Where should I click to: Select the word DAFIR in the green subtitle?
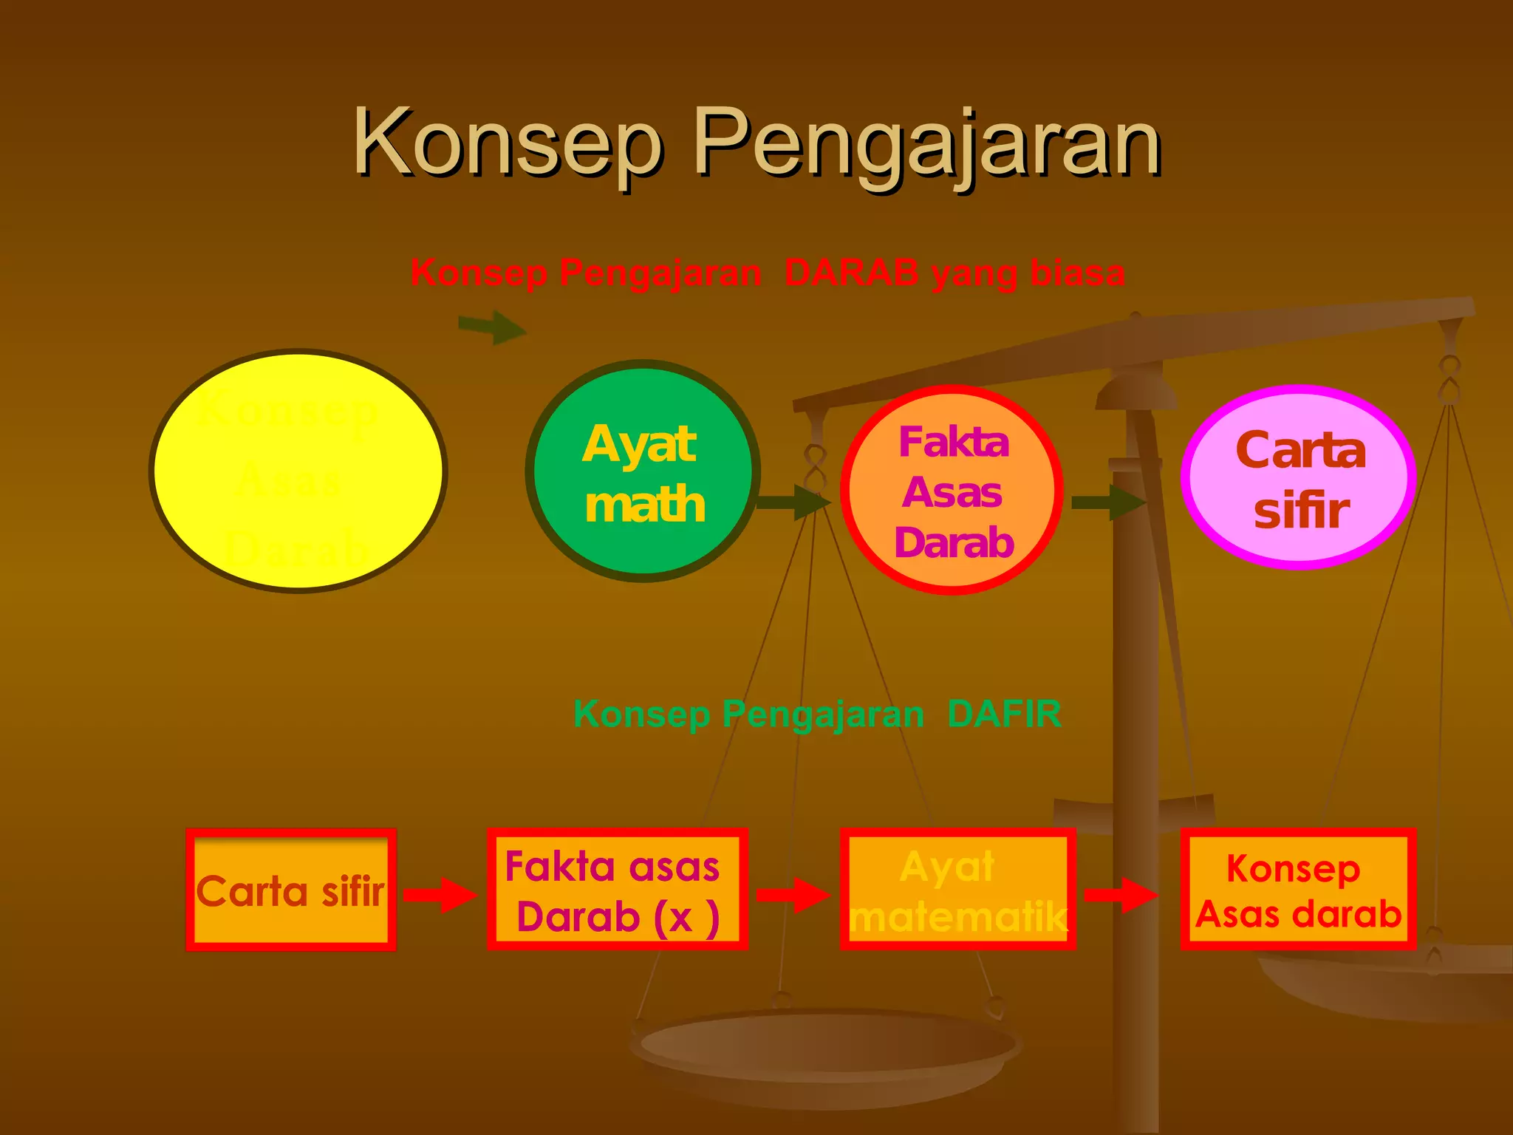click(1004, 714)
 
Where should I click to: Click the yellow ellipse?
click(298, 471)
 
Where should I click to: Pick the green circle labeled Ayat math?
click(643, 471)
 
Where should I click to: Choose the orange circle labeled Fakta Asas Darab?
click(952, 490)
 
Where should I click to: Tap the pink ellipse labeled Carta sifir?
click(1299, 477)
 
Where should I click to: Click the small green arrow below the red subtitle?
click(492, 327)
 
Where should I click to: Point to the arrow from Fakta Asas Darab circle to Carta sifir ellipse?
click(1108, 502)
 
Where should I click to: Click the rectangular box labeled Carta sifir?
click(291, 890)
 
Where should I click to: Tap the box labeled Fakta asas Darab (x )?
click(617, 890)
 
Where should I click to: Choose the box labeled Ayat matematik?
click(957, 890)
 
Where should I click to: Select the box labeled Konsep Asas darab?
click(1298, 890)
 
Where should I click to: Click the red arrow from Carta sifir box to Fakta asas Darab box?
click(440, 895)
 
